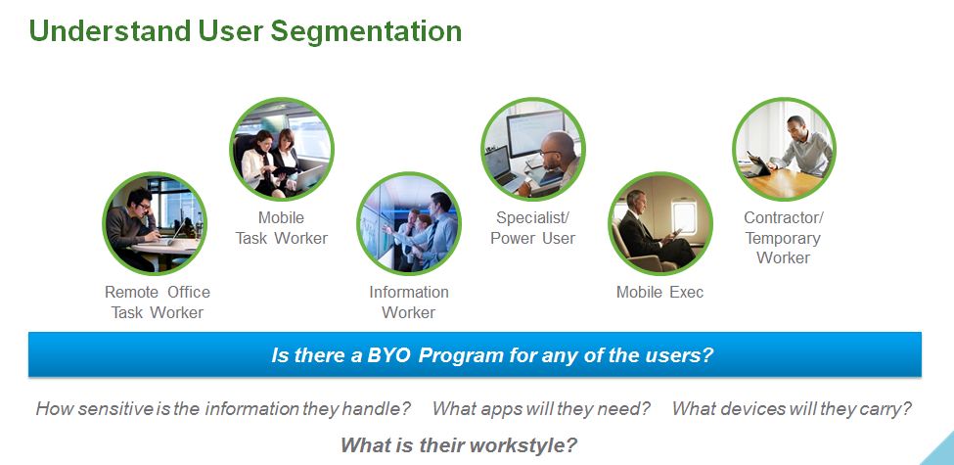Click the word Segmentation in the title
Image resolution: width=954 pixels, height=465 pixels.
pos(366,31)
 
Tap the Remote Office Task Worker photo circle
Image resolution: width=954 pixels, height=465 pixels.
pos(155,223)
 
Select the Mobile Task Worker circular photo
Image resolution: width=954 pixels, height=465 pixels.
pos(282,149)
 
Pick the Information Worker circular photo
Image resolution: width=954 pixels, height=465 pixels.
pos(409,223)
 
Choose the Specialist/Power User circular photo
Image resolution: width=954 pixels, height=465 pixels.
pos(533,149)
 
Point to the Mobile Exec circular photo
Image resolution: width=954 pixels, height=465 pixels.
pos(660,223)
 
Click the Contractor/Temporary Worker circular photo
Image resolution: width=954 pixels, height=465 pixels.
pos(785,149)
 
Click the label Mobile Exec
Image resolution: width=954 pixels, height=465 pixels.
pos(660,292)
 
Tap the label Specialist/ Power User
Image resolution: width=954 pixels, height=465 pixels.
pos(533,228)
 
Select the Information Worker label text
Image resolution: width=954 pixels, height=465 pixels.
pos(409,302)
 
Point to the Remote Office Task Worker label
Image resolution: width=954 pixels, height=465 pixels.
pos(158,302)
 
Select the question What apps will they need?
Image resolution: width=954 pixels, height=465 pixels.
pos(541,408)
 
